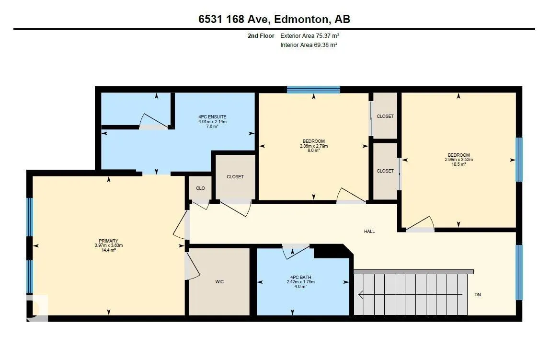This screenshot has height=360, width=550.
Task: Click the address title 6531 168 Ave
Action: coord(234,19)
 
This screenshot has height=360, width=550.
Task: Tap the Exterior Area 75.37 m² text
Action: coord(309,35)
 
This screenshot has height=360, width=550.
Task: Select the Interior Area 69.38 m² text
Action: coord(309,45)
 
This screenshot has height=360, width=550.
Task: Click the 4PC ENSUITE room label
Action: coord(212,117)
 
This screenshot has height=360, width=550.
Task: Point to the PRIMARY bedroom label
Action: coord(108,241)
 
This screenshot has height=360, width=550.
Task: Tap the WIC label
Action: coord(219,281)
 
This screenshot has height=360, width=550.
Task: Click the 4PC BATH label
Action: coord(300,277)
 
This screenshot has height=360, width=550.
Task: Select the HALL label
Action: coord(369,231)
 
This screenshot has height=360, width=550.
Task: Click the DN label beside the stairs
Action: coord(477,295)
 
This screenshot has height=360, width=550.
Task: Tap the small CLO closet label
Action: coord(200,188)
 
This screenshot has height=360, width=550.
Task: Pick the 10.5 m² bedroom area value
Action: coord(458,164)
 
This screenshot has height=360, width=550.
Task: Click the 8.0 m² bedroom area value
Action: coord(314,150)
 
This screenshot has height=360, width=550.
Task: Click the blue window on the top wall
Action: coord(314,90)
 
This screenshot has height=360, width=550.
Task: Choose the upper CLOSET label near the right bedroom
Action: coord(385,116)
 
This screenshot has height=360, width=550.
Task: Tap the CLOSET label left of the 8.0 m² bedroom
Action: coord(235,176)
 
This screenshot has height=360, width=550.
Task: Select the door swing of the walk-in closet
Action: coord(193,266)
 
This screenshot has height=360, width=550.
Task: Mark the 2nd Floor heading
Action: coord(261,35)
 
